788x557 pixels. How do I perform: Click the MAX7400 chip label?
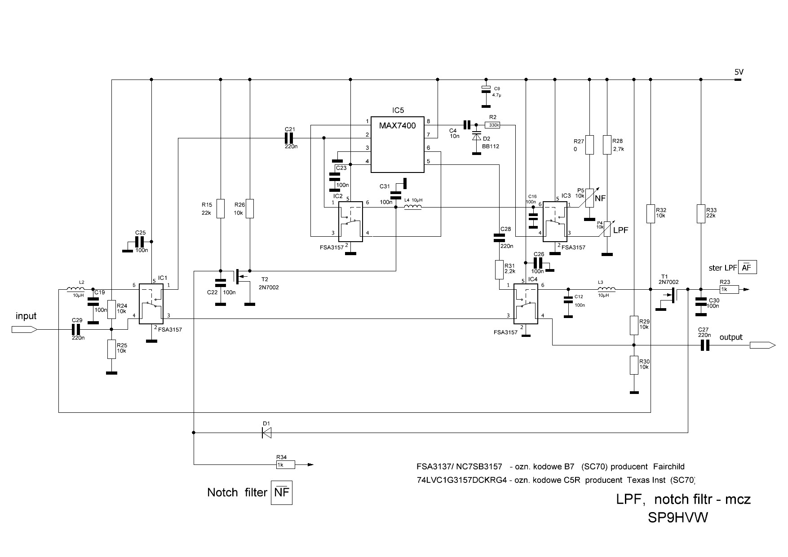click(397, 125)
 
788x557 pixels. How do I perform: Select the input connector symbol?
click(24, 329)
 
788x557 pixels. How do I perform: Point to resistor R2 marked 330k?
click(493, 125)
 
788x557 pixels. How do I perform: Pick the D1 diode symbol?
click(267, 433)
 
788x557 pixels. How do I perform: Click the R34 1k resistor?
click(285, 464)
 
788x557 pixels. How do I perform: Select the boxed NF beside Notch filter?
click(282, 493)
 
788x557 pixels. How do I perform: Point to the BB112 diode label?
click(491, 146)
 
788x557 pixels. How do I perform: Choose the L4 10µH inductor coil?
click(413, 207)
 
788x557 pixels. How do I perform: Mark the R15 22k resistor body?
click(220, 208)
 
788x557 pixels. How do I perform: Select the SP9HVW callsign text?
click(677, 518)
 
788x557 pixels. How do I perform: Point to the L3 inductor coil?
click(606, 289)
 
